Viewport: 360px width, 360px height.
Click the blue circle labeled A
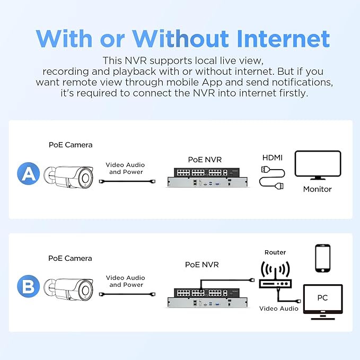[29, 173]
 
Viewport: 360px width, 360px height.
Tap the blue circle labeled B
[29, 286]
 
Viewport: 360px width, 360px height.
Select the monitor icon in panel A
[318, 165]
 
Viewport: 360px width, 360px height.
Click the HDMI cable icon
[273, 178]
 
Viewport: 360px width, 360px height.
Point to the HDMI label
[273, 157]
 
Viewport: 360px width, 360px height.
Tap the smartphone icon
[323, 258]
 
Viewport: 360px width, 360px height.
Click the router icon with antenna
[275, 275]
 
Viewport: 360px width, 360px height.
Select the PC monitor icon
[323, 302]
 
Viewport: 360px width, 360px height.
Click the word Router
[275, 252]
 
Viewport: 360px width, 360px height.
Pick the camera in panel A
[68, 177]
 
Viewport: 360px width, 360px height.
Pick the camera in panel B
[68, 289]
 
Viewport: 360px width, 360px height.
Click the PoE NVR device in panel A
[207, 178]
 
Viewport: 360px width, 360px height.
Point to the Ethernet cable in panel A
[127, 181]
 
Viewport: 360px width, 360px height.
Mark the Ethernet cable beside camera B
[127, 294]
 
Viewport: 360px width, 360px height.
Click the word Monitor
[317, 189]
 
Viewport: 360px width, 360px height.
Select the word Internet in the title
[283, 39]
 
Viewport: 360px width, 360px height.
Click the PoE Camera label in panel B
[70, 258]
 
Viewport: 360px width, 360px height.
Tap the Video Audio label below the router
[279, 309]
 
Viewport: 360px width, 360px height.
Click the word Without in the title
[180, 39]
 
